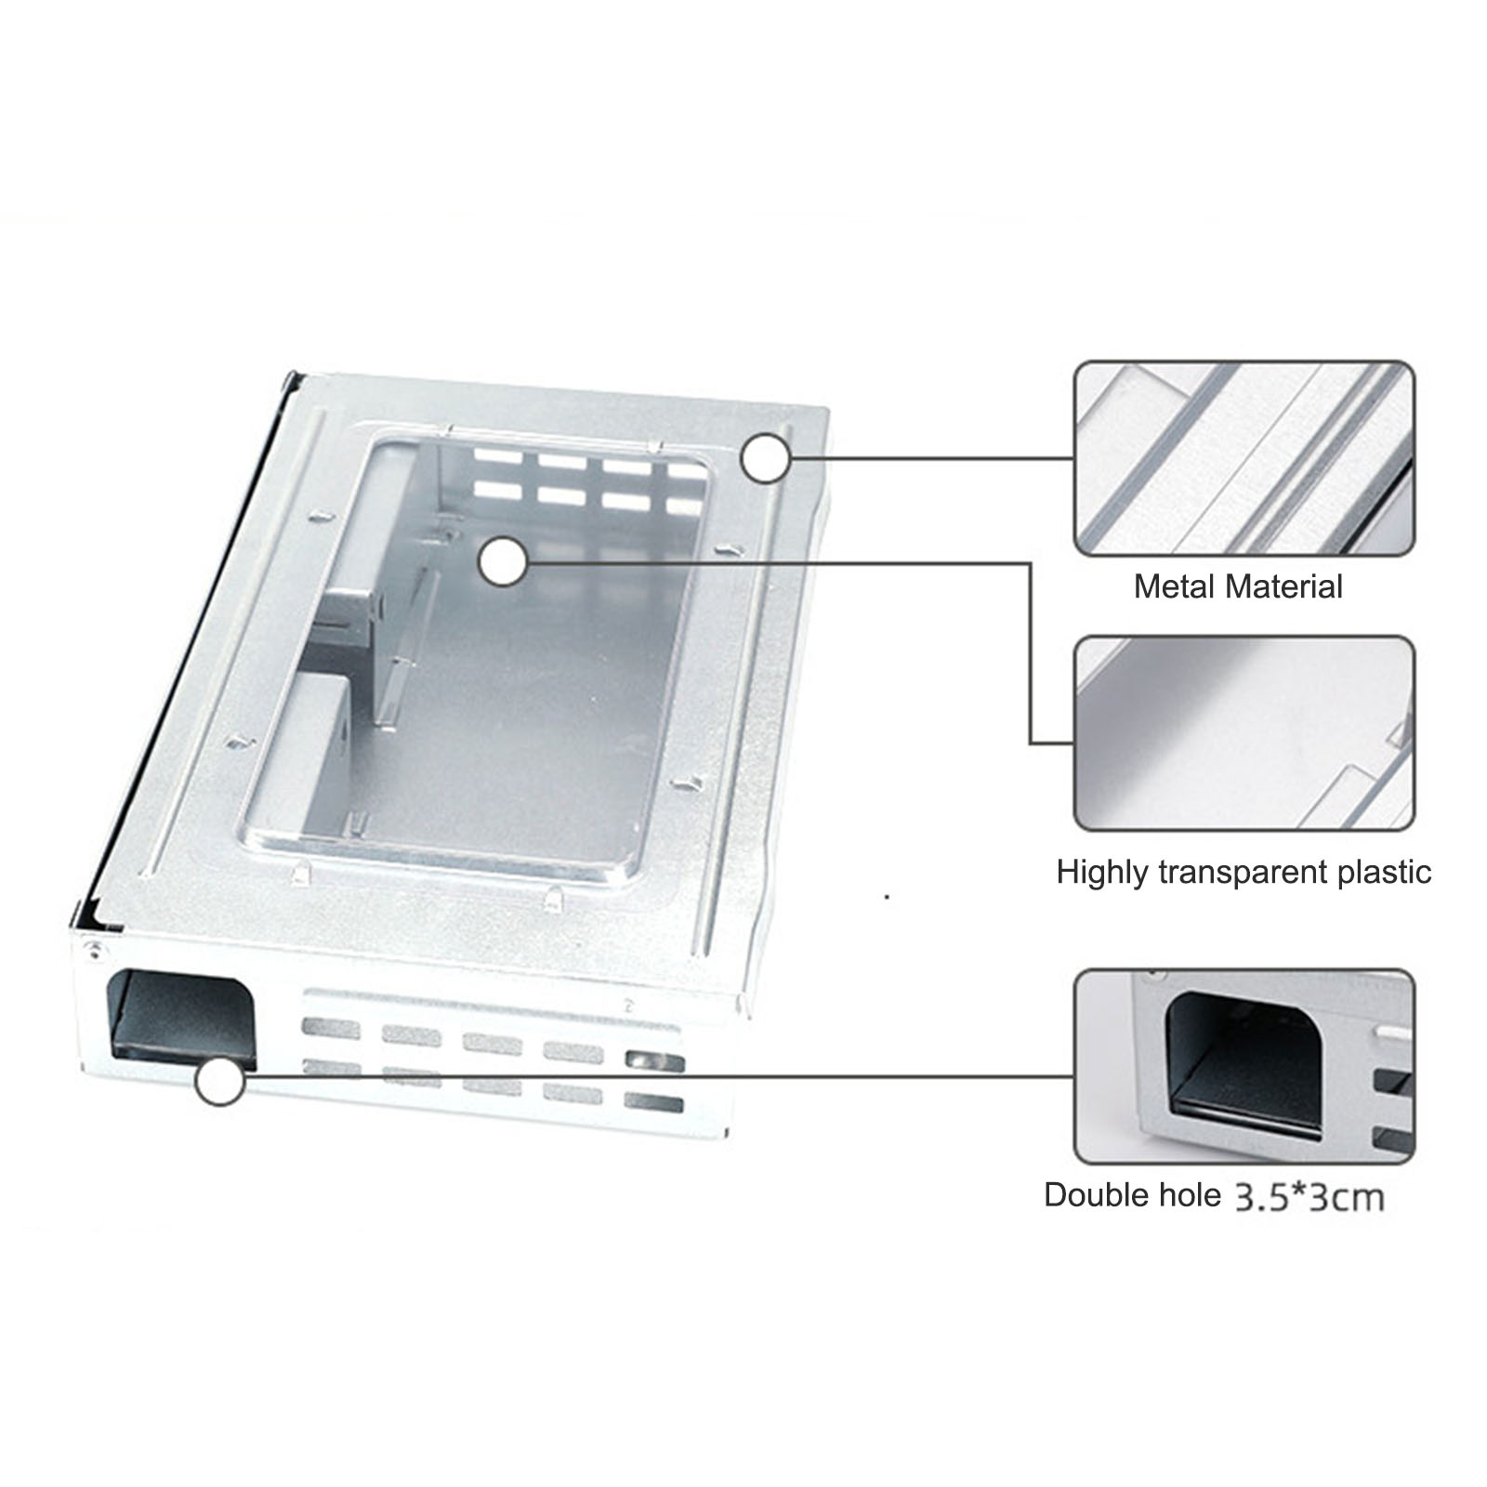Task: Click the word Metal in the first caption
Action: (x=1174, y=586)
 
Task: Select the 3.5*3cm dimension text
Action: (x=1309, y=1197)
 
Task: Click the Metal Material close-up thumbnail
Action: (x=1244, y=459)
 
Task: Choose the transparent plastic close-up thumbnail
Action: (x=1244, y=733)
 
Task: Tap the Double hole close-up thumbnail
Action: (x=1244, y=1065)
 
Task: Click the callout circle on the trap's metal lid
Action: (x=766, y=458)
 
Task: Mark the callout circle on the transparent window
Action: (x=504, y=561)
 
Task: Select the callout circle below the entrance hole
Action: (x=220, y=1082)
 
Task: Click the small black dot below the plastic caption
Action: (x=888, y=897)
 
